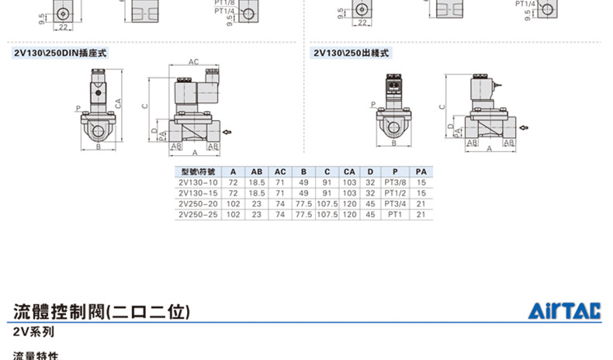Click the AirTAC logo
click(566, 312)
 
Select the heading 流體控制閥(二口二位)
click(102, 313)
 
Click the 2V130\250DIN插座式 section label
click(60, 54)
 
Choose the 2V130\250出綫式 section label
click(351, 54)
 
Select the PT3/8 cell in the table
click(395, 182)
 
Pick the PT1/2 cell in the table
click(395, 192)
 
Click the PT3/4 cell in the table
click(395, 203)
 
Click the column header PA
click(421, 171)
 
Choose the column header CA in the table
click(349, 171)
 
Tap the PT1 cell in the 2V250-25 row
click(395, 213)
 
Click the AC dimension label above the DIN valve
click(193, 61)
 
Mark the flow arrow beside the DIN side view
click(227, 133)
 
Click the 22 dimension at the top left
click(63, 27)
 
